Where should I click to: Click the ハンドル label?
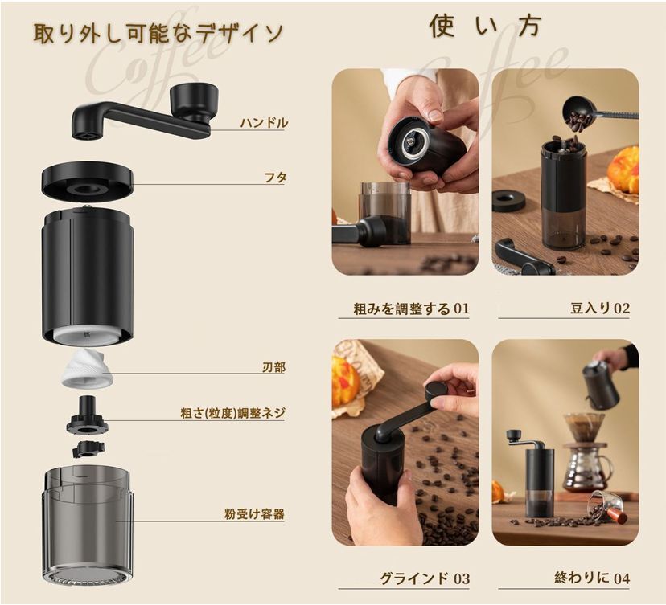coord(264,123)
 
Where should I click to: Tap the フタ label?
coord(275,178)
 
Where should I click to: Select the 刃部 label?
coord(273,367)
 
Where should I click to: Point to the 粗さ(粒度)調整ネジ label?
coord(232,413)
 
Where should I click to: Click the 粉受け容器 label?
coord(254,514)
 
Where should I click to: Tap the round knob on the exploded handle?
coord(194,101)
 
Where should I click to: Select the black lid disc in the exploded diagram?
coord(88,180)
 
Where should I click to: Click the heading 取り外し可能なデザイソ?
coord(158,33)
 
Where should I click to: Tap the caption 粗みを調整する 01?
coord(411,309)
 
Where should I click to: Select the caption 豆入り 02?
coord(600,309)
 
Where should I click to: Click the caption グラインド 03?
coord(425,578)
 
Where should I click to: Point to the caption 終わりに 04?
coord(592,578)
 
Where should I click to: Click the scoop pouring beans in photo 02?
coord(599,112)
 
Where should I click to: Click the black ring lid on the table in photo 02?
coord(509,201)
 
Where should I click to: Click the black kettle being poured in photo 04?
coord(601,384)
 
